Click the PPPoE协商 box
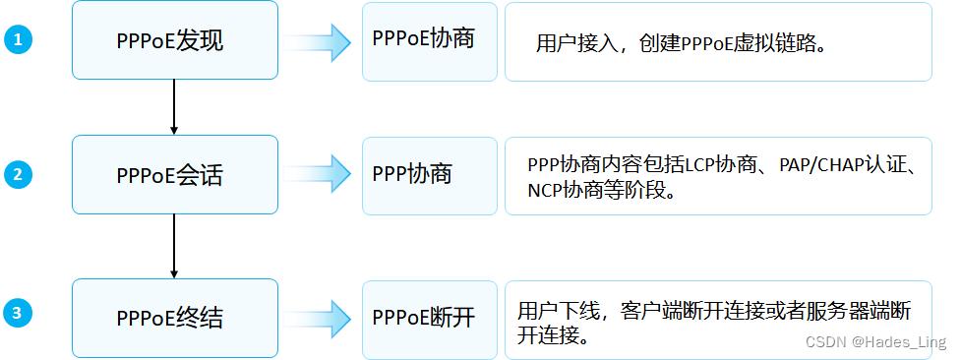click(x=429, y=41)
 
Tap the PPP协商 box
click(x=429, y=175)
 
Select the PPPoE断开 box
click(x=429, y=317)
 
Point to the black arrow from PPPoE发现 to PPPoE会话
click(x=174, y=106)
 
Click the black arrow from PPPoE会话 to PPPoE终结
click(x=174, y=245)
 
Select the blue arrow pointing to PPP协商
click(x=321, y=174)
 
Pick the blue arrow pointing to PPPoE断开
click(x=321, y=317)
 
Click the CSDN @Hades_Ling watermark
click(x=875, y=341)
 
